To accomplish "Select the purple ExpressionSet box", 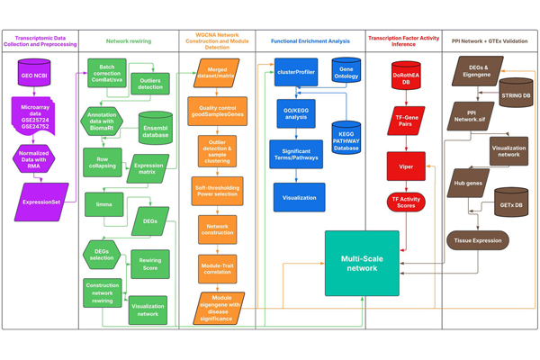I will pos(42,202).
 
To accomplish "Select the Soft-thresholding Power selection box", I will pos(217,191).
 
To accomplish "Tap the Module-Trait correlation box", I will pos(217,267).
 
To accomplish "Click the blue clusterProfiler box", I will pos(296,73).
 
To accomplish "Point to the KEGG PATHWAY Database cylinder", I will pos(346,138).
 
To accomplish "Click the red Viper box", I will pos(406,167).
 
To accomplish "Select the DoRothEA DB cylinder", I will pos(406,75).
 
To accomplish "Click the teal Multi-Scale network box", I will pos(362,263).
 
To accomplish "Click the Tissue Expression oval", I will pos(477,240).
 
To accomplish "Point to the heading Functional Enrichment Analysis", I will pos(310,40).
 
